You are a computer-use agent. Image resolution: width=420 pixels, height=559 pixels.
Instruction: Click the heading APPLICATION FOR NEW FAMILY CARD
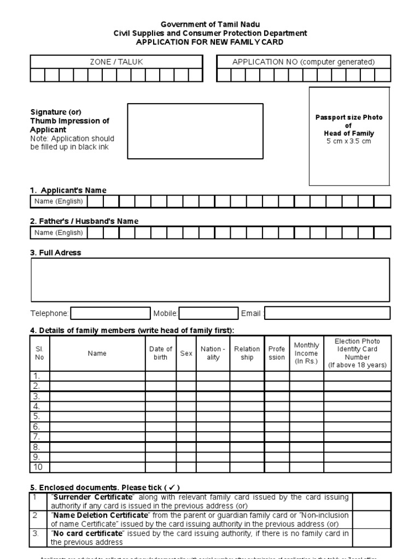pos(210,42)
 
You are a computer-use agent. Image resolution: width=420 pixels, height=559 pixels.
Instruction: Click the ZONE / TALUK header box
pos(116,62)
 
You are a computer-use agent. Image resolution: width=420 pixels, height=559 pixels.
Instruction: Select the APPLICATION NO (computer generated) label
pos(304,62)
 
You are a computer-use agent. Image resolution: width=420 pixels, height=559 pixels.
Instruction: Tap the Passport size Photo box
pos(349,136)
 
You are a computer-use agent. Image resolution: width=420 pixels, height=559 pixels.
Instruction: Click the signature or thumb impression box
pos(195,131)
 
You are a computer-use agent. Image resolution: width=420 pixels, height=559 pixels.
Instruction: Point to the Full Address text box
pos(210,279)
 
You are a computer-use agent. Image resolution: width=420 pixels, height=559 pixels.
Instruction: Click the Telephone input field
pos(110,313)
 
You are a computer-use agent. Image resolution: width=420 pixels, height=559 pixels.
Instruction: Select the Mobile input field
pos(208,313)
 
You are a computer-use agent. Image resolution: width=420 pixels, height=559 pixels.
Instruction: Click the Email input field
pos(327,313)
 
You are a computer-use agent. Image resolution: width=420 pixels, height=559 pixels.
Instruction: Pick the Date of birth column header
pos(161,353)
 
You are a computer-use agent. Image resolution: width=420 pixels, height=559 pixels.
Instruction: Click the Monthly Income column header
pos(306,353)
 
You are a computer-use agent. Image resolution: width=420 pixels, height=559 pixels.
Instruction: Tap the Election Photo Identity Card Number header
pos(357,353)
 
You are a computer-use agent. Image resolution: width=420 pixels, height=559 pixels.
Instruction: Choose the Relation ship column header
pos(247,353)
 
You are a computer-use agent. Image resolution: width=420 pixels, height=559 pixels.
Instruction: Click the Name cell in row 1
pos(97,376)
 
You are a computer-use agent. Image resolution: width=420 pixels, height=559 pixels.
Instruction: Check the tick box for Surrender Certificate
pos(371,501)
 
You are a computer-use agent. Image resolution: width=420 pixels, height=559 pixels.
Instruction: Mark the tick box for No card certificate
pos(371,538)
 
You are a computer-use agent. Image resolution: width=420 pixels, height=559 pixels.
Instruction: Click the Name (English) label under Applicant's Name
pos(59,201)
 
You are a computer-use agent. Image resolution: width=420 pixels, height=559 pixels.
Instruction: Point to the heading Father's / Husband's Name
pos(84,221)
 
